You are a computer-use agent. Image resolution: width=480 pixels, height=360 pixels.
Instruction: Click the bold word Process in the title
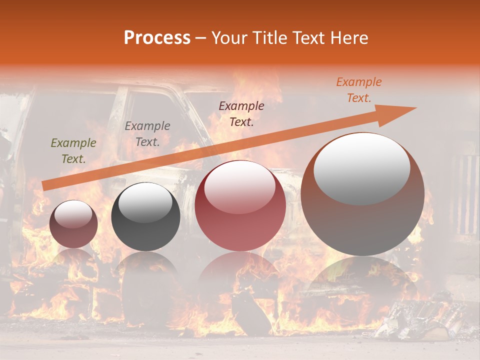[x=157, y=37]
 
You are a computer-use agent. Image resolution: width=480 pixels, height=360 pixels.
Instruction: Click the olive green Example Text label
[x=73, y=151]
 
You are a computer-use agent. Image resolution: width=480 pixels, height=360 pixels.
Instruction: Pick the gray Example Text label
[x=147, y=133]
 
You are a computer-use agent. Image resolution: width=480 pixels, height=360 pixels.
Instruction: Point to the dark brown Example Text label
[x=241, y=113]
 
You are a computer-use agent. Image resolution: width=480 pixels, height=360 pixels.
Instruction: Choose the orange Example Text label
[x=358, y=90]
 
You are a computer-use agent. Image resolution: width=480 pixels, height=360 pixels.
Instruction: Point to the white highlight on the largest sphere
[x=362, y=167]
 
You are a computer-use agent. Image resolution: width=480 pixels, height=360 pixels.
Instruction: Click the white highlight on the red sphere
[x=239, y=186]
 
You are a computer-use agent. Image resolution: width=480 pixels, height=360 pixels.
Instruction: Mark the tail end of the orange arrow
[x=45, y=185]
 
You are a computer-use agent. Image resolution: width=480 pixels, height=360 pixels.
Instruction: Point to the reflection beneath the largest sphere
[x=362, y=285]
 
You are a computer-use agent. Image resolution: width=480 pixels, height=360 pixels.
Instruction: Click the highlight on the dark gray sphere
[x=145, y=202]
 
